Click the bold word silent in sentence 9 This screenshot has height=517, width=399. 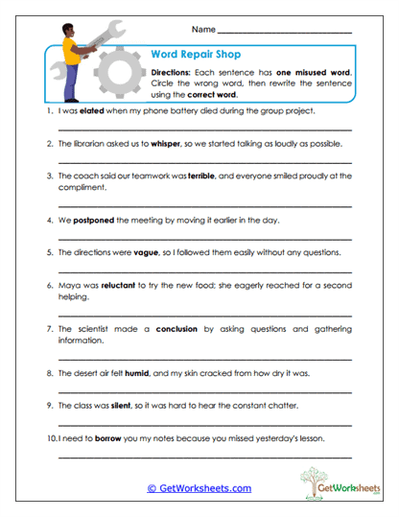[x=130, y=405]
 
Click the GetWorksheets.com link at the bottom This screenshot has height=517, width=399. [x=199, y=488]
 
